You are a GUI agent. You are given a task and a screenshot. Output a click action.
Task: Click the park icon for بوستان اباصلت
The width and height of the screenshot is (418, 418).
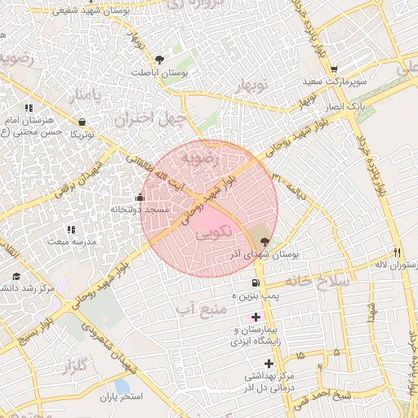[x=160, y=59]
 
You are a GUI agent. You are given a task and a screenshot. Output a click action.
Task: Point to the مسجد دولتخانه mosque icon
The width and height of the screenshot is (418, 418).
[x=140, y=197]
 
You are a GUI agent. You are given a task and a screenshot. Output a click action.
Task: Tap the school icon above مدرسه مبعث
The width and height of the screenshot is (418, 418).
[x=70, y=229]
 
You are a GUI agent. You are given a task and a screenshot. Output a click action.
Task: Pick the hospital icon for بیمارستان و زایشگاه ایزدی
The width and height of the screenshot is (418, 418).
[x=256, y=316]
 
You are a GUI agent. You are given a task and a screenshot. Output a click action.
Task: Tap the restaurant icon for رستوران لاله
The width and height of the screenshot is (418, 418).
[x=398, y=252]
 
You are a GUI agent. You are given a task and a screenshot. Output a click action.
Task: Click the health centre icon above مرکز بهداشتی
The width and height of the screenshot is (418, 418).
[x=269, y=363]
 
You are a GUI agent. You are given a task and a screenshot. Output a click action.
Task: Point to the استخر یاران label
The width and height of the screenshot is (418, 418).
[x=122, y=397]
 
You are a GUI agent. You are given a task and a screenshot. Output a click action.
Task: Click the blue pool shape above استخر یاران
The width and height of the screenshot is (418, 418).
[x=122, y=385]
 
